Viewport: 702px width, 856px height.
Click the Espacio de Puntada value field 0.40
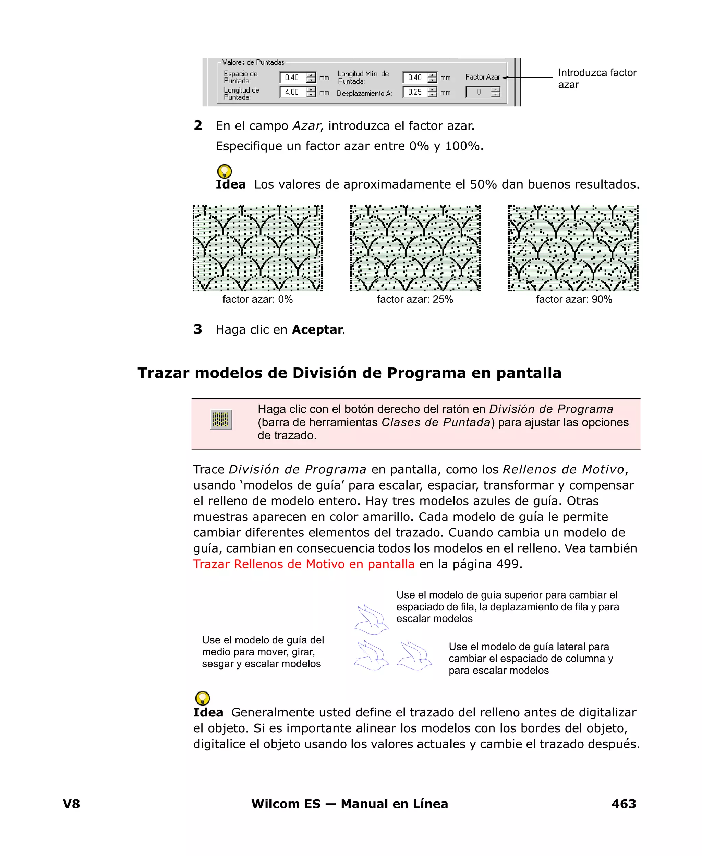pyautogui.click(x=293, y=77)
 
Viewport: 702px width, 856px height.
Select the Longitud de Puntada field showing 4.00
pyautogui.click(x=293, y=92)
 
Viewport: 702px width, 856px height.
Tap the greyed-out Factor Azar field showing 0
pyautogui.click(x=479, y=92)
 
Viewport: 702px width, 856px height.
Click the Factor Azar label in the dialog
pyautogui.click(x=482, y=77)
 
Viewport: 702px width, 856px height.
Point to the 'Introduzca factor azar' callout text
pyautogui.click(x=596, y=79)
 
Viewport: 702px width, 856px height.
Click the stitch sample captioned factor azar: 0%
pyautogui.click(x=257, y=248)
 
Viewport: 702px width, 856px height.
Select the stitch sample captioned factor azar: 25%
pyautogui.click(x=415, y=248)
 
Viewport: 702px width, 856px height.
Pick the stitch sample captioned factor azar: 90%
pyautogui.click(x=573, y=248)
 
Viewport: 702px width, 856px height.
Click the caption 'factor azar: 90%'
pyautogui.click(x=573, y=299)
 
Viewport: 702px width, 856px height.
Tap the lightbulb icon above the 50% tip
pyautogui.click(x=225, y=171)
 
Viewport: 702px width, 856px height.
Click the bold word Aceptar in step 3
pyautogui.click(x=317, y=329)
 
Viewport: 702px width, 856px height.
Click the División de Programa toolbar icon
pyautogui.click(x=221, y=419)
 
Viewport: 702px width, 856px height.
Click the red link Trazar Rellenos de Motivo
pyautogui.click(x=304, y=564)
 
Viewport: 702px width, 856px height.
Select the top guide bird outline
pyautogui.click(x=371, y=619)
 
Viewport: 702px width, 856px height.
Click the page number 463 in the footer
pyautogui.click(x=624, y=804)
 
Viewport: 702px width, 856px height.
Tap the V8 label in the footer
pyautogui.click(x=72, y=804)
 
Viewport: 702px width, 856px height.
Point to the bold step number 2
pyautogui.click(x=198, y=126)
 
